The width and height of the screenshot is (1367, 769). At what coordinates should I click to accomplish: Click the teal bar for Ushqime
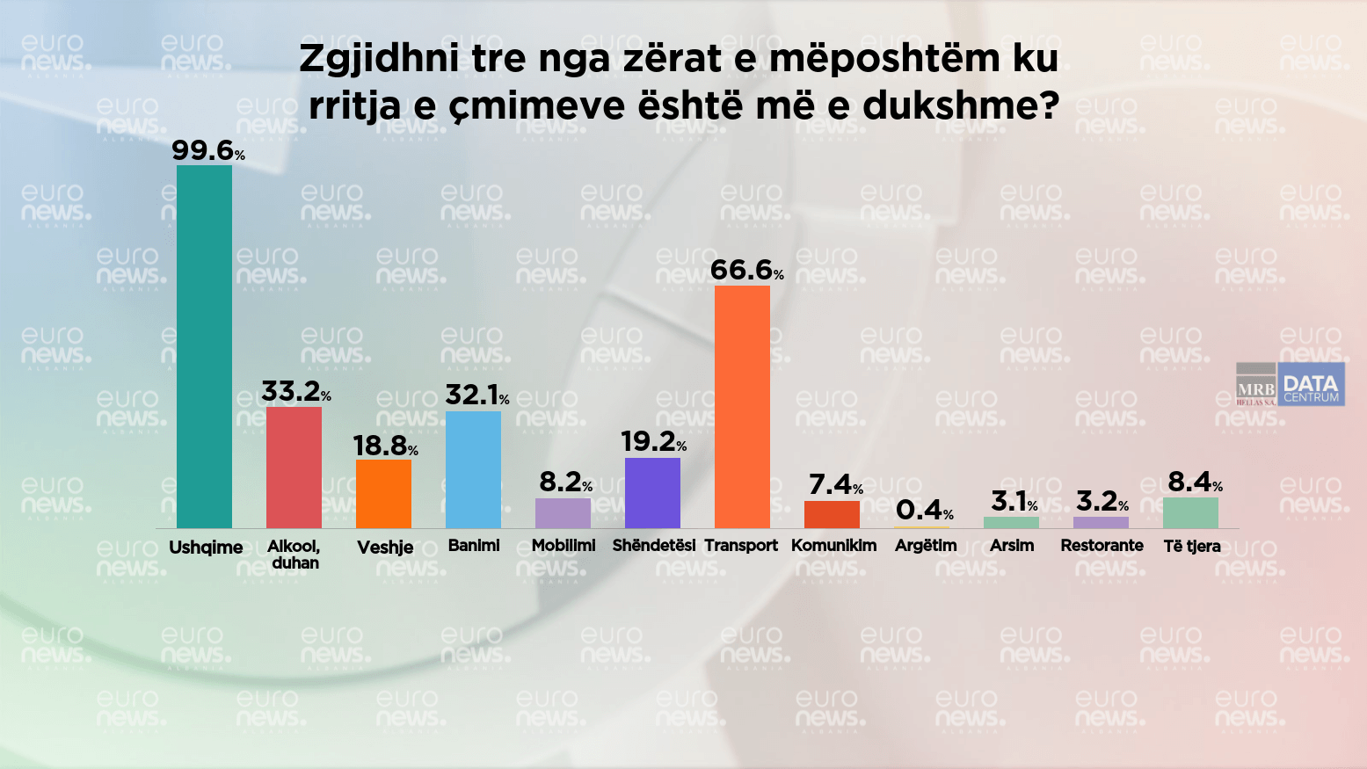point(204,346)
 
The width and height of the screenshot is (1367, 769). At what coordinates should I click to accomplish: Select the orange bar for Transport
point(742,406)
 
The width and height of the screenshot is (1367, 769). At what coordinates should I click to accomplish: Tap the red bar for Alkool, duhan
point(294,467)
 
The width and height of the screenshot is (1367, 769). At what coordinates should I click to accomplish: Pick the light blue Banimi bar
point(473,469)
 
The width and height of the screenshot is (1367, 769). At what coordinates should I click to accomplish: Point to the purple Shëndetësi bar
point(652,492)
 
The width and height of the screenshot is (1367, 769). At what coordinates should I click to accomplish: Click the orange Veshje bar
point(383,493)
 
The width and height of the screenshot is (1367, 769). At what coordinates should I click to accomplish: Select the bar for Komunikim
point(832,514)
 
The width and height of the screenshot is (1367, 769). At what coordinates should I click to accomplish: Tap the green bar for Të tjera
point(1190,512)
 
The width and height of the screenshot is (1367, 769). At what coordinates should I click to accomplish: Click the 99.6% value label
point(207,150)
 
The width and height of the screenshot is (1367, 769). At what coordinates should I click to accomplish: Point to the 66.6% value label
point(746,270)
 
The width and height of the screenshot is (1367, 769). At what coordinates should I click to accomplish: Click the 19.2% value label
point(653,441)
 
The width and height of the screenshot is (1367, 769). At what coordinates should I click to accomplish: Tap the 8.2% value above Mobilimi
point(565,482)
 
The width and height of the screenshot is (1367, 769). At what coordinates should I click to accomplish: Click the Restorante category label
point(1102,546)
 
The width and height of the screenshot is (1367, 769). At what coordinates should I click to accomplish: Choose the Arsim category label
point(1012,546)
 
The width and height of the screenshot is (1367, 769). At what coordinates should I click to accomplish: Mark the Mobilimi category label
point(564,546)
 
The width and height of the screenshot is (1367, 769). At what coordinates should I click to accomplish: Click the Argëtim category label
point(926,546)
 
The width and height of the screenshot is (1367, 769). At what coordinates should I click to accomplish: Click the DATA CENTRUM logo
point(1311,385)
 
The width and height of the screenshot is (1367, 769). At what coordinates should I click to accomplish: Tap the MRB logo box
point(1255,385)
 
